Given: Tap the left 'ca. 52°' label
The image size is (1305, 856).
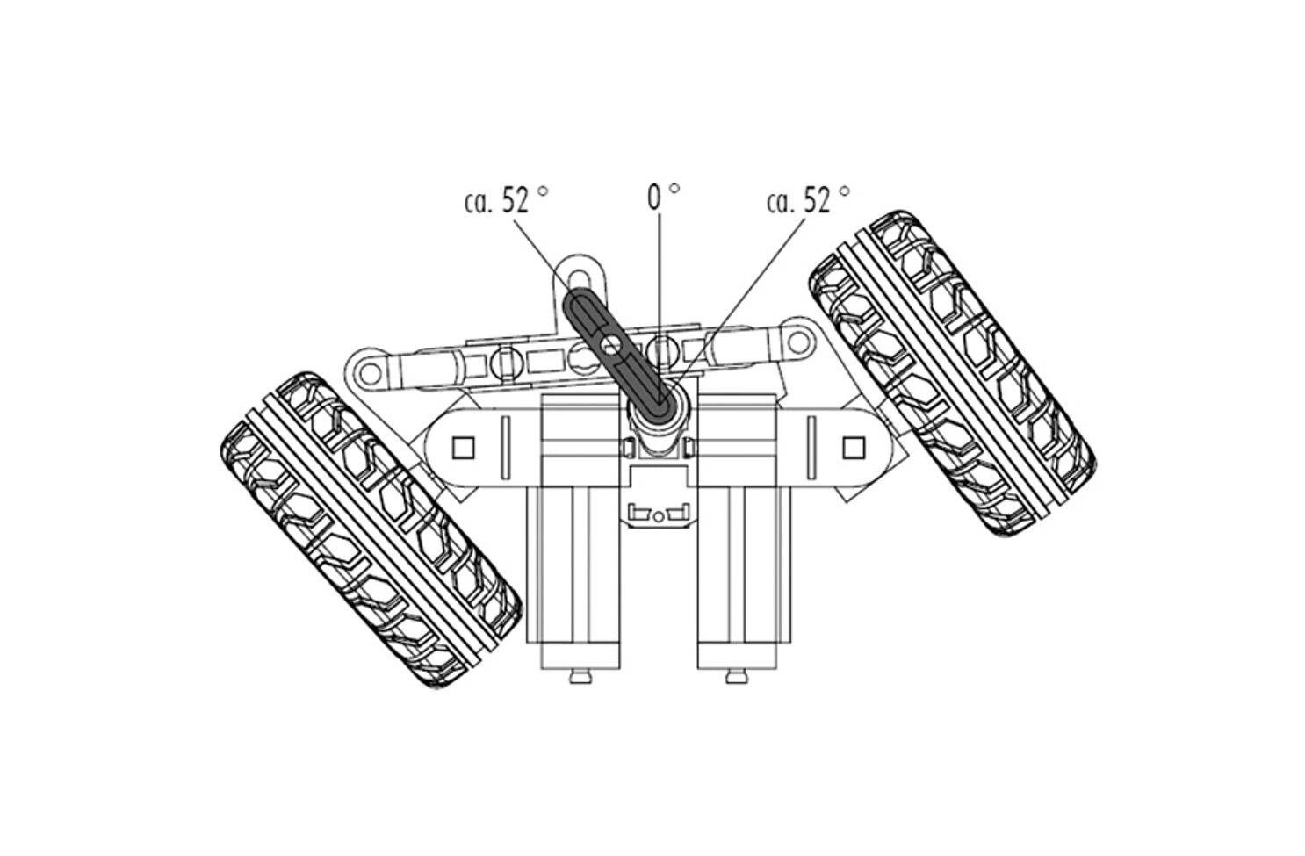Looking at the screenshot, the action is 506,200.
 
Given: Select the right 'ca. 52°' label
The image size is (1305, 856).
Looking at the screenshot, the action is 808,200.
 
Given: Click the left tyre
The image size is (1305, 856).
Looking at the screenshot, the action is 371,530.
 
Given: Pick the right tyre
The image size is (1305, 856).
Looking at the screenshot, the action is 951,372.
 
